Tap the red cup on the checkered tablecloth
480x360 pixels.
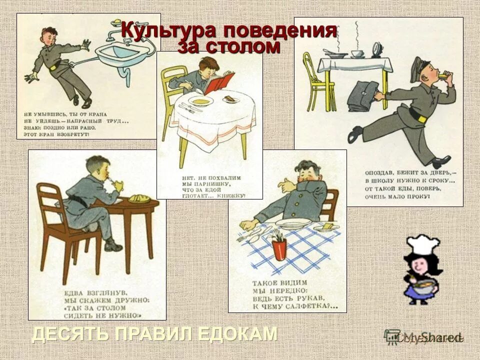(278, 248)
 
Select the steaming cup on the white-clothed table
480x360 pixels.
(357, 53)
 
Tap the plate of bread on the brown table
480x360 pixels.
(140, 198)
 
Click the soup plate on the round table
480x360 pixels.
(201, 100)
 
